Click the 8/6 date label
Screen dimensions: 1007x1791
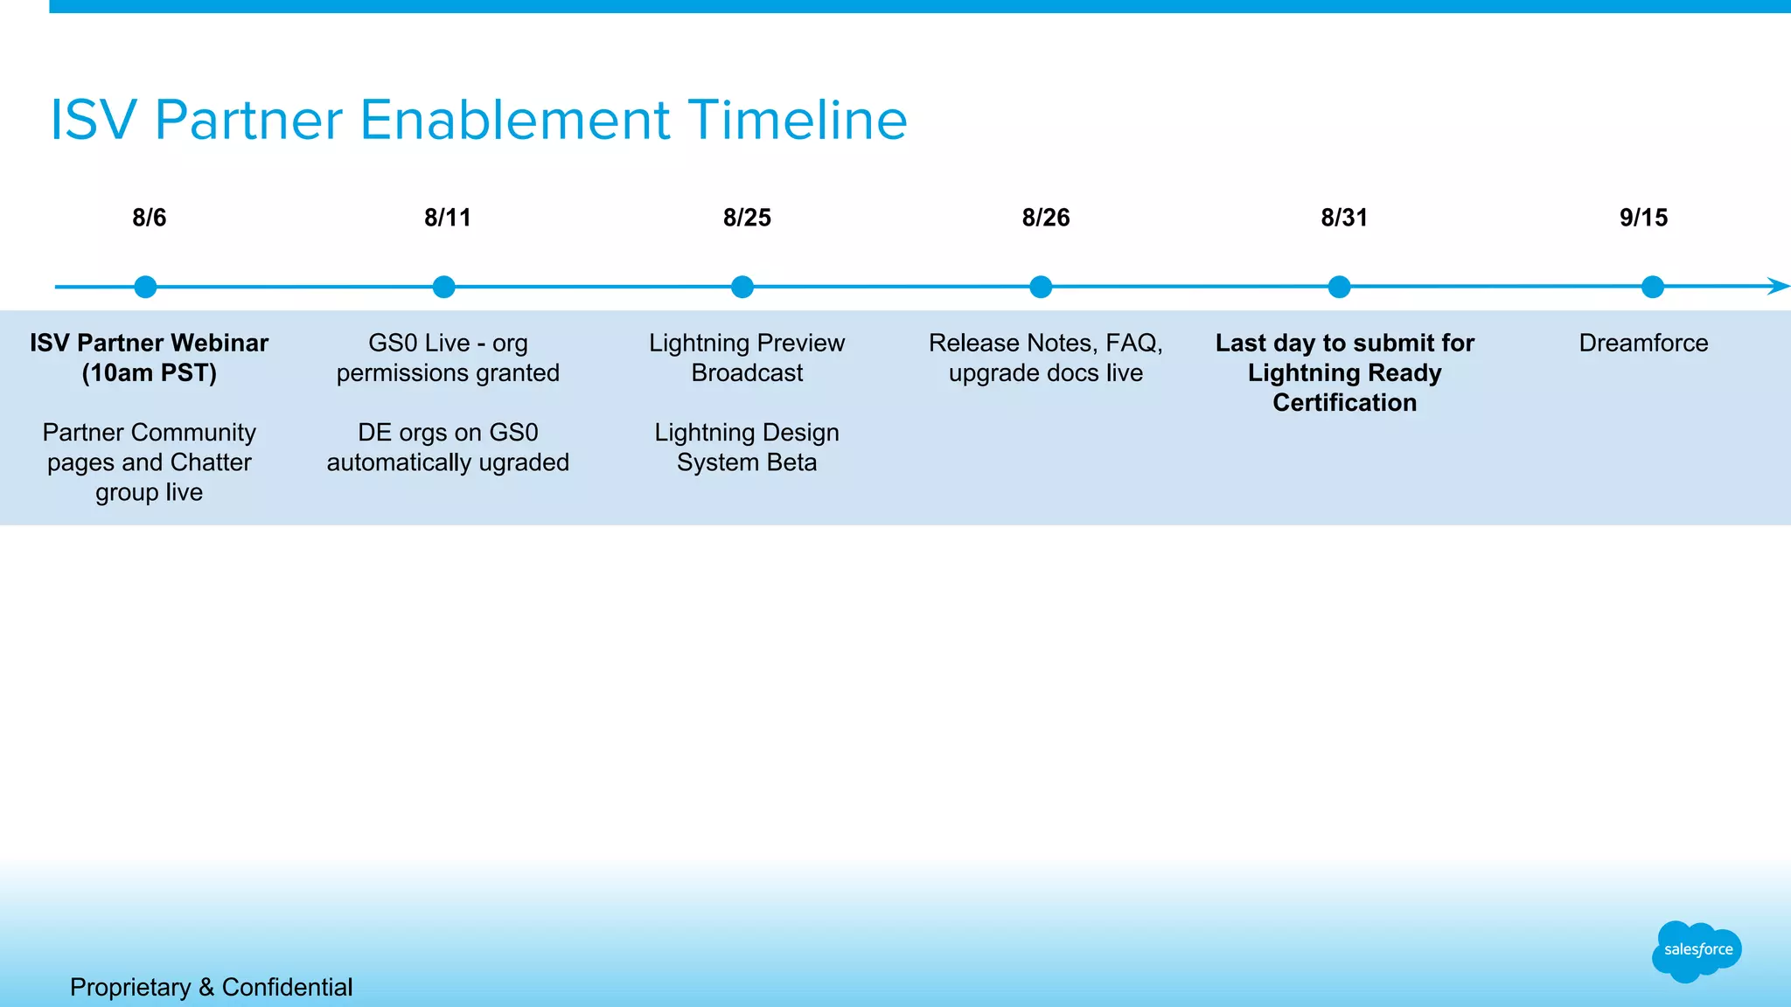[149, 218]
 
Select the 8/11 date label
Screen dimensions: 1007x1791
[447, 218]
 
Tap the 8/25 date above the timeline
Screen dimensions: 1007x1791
[747, 218]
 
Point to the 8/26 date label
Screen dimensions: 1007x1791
[1045, 218]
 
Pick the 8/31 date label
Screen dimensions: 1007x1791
[1344, 218]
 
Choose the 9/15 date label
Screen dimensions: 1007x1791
[1643, 218]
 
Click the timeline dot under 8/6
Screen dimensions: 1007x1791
[145, 287]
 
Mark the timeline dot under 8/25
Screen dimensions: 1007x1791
[742, 287]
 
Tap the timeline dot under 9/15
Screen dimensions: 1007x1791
[1652, 287]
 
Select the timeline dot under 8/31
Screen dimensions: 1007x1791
[1339, 287]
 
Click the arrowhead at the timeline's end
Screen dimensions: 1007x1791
[1778, 286]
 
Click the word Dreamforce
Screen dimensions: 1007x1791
[1643, 343]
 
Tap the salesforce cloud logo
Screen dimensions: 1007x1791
[1697, 950]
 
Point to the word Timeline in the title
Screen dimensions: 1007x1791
[797, 120]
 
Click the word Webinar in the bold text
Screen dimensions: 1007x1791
[220, 343]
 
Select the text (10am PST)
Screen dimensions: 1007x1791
[149, 373]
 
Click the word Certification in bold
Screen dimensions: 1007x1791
[1344, 403]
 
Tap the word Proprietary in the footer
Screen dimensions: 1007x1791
[129, 987]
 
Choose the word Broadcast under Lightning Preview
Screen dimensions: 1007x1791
[747, 373]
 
